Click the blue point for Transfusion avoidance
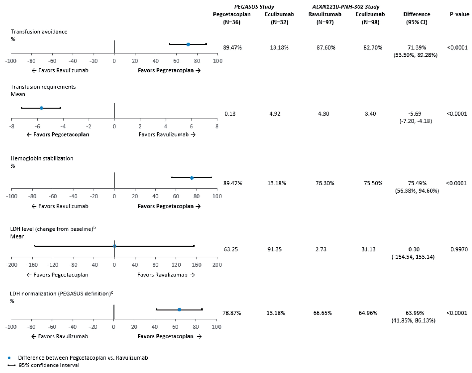[x=188, y=44]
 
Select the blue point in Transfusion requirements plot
[x=41, y=108]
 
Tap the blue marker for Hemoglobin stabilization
[x=192, y=178]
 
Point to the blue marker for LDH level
[x=115, y=246]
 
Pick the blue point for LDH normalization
[x=179, y=310]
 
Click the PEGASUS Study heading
[x=254, y=7]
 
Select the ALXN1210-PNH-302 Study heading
[x=346, y=7]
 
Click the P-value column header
[x=459, y=14]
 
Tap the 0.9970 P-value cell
[x=459, y=249]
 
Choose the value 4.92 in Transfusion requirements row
[x=275, y=114]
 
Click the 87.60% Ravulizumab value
[x=326, y=48]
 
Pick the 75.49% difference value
[x=417, y=183]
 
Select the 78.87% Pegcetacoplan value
[x=232, y=313]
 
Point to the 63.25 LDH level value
[x=231, y=249]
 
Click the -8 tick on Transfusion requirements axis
[x=12, y=127]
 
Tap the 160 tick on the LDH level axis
[x=197, y=265]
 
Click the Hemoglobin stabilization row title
[x=42, y=158]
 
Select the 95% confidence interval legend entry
[x=49, y=365]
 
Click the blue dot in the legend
[x=9, y=358]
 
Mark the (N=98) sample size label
[x=370, y=22]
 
